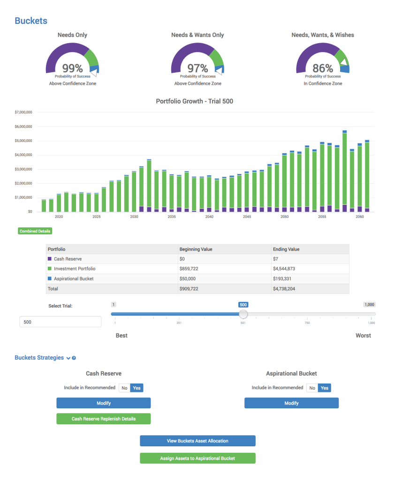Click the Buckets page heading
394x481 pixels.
pyautogui.click(x=31, y=21)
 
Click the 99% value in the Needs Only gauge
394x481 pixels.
pyautogui.click(x=72, y=68)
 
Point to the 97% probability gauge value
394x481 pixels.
pyautogui.click(x=197, y=68)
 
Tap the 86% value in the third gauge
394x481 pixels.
pyautogui.click(x=323, y=68)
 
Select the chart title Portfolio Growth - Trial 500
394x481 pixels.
pyautogui.click(x=194, y=101)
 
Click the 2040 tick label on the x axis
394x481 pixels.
pyautogui.click(x=209, y=217)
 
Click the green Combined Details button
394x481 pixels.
pyautogui.click(x=35, y=231)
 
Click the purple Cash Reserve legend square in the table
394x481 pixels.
pyautogui.click(x=50, y=259)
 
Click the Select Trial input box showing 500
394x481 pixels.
pyautogui.click(x=60, y=322)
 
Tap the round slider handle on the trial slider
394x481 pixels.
pyautogui.click(x=243, y=314)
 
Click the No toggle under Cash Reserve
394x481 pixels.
pyautogui.click(x=124, y=388)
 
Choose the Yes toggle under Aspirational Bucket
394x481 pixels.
pyautogui.click(x=325, y=388)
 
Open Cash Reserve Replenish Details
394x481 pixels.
pyautogui.click(x=104, y=419)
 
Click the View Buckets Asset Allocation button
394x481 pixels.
pyautogui.click(x=197, y=441)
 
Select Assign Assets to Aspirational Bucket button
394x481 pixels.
pyautogui.click(x=197, y=458)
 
